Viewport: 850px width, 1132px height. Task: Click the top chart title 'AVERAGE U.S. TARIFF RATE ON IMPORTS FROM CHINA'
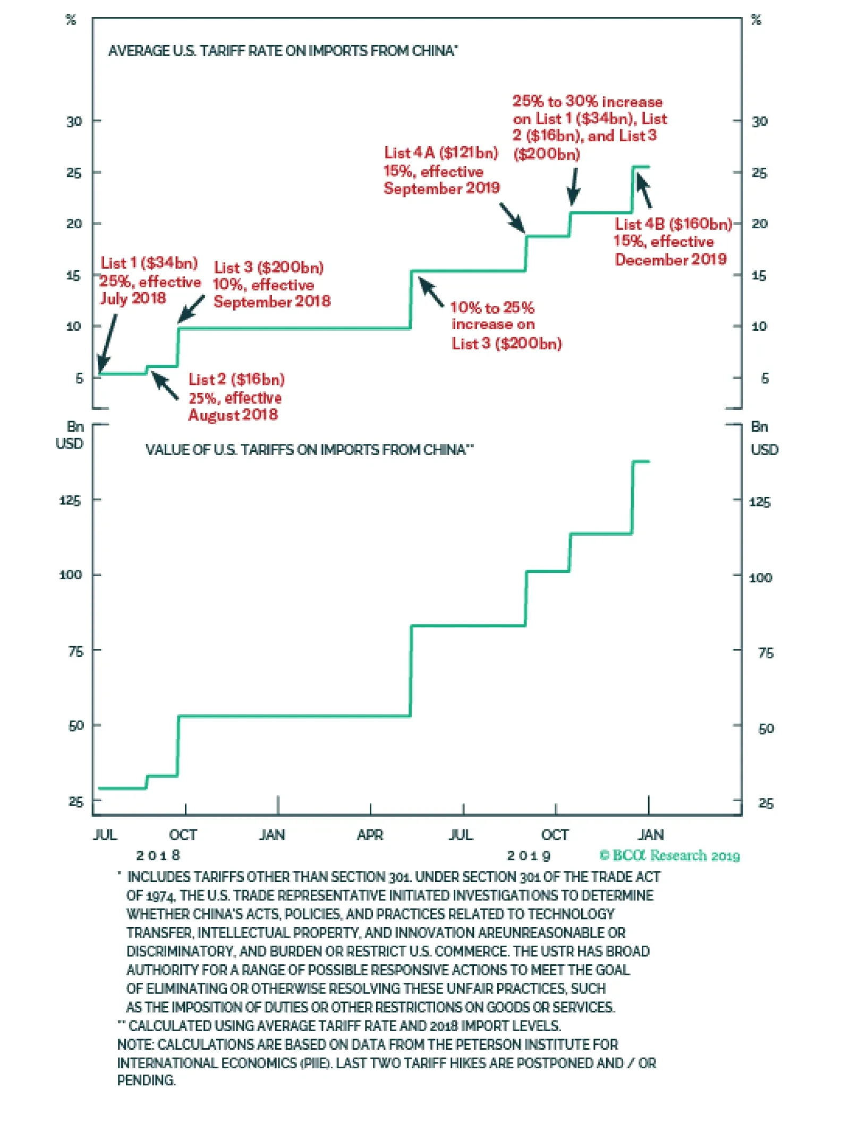point(282,51)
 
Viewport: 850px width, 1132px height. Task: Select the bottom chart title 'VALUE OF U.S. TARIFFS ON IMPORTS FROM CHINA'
point(309,450)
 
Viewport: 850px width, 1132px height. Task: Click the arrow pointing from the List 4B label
point(644,190)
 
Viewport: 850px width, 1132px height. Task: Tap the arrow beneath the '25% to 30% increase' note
point(573,186)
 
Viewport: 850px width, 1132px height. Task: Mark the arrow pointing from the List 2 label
point(165,385)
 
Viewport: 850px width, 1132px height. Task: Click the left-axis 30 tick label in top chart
point(74,122)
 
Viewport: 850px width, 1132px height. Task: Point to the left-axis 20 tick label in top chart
point(74,224)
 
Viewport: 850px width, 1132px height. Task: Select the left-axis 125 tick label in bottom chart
point(70,500)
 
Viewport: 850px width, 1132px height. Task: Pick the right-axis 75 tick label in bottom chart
point(765,653)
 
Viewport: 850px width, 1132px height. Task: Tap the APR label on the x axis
point(370,835)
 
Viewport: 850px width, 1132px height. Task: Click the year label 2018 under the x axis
point(158,855)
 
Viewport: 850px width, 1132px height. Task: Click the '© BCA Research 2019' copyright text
point(669,855)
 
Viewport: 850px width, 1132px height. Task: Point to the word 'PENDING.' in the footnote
point(146,1080)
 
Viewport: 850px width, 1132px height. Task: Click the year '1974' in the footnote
point(159,896)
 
